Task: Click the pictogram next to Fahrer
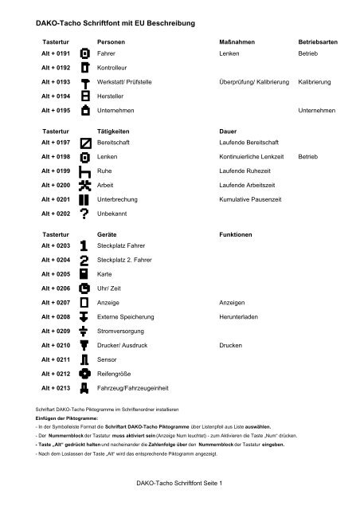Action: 84,53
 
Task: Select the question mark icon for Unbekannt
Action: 84,214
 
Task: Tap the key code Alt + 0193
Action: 56,81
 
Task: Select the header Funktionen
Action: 236,235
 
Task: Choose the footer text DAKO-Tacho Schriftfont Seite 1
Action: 178,483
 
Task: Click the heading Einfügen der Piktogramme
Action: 67,417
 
